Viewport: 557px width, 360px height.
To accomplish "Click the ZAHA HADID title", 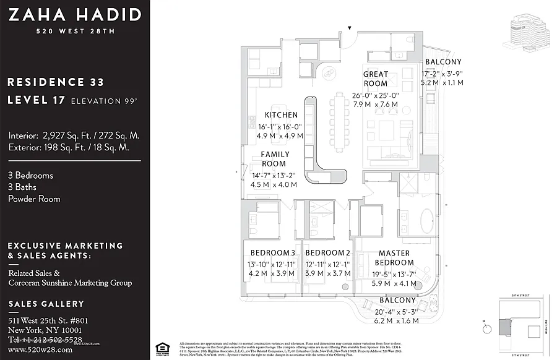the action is [74, 15].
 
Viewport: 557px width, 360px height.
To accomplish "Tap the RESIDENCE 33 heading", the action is [56, 82].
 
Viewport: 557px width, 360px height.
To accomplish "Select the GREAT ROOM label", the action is [376, 79].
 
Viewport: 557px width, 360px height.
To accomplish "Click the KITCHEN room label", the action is [281, 115].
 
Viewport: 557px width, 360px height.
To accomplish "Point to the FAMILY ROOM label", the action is [275, 159].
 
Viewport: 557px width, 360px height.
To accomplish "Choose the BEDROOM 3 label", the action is [272, 252].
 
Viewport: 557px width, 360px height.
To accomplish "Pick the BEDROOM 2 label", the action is [328, 252].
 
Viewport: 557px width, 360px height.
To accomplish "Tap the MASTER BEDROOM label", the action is [394, 258].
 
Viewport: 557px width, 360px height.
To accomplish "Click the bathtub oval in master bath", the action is [427, 221].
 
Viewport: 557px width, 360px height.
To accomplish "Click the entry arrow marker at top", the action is [350, 28].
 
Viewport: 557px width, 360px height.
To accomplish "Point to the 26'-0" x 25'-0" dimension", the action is [376, 95].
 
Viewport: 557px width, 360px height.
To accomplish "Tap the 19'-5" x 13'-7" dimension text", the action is [394, 274].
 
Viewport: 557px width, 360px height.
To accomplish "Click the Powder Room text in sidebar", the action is [34, 199].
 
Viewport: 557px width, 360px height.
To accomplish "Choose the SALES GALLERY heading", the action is [46, 304].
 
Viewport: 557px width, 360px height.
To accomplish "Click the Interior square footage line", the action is [74, 135].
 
